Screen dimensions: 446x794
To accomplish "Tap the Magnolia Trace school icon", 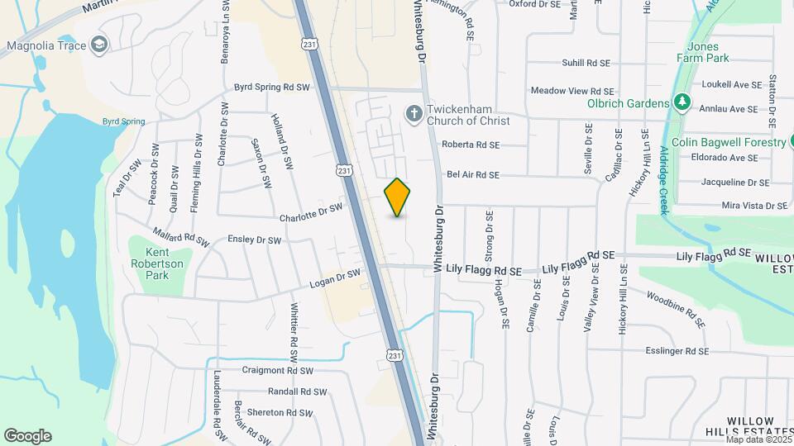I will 100,44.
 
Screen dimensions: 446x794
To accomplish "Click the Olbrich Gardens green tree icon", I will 682,103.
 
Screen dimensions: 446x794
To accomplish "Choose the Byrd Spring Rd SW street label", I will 271,87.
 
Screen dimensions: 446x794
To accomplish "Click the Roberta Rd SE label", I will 471,145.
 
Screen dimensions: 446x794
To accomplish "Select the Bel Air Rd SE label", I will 473,175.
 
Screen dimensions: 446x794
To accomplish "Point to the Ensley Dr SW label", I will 255,240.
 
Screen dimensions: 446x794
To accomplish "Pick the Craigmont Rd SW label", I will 278,371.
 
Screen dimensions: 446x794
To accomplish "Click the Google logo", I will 27,436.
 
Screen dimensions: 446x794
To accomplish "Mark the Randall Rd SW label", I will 298,392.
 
